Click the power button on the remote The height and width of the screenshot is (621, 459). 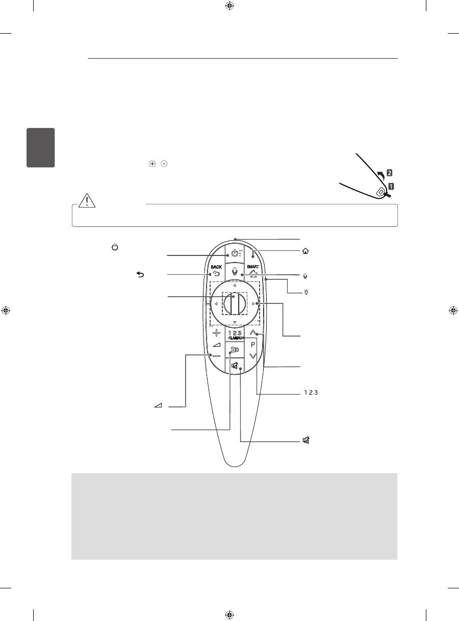pyautogui.click(x=234, y=253)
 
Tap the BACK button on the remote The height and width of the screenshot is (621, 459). pyautogui.click(x=214, y=270)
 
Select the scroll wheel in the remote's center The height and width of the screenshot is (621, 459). pyautogui.click(x=234, y=304)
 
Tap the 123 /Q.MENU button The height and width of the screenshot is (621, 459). pyautogui.click(x=234, y=334)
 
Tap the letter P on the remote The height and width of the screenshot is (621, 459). pyautogui.click(x=253, y=344)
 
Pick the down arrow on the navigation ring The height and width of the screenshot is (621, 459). pyautogui.click(x=234, y=323)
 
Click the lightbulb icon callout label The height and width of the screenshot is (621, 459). pyautogui.click(x=305, y=293)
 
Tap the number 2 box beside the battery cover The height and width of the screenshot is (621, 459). pyautogui.click(x=390, y=173)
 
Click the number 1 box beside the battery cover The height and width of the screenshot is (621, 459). pyautogui.click(x=391, y=186)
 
